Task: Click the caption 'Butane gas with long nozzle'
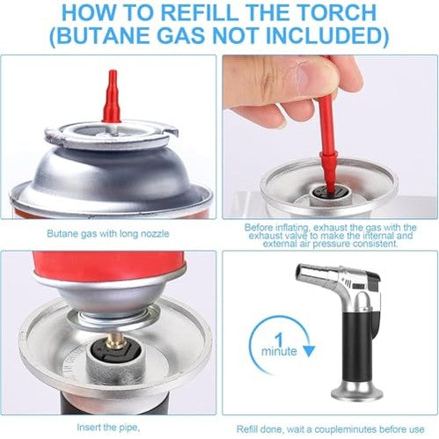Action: (108, 234)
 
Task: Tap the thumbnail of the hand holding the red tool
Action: (329, 136)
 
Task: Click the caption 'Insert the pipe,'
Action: (107, 428)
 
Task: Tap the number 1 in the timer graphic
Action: (280, 340)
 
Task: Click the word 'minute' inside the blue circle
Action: (279, 351)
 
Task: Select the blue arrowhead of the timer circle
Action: (308, 351)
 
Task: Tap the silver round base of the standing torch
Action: (357, 391)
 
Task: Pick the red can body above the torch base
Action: (109, 263)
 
